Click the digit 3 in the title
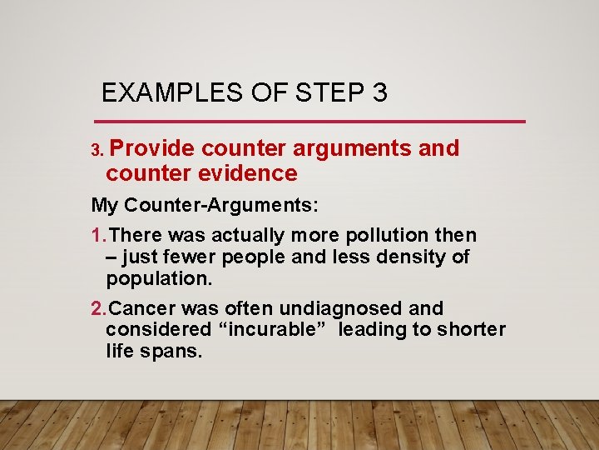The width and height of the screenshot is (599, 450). click(x=380, y=92)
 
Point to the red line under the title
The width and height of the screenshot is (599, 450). click(x=314, y=122)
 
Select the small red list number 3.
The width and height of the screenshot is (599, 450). click(x=97, y=151)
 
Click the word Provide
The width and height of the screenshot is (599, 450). click(x=152, y=148)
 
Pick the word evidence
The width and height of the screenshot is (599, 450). click(x=255, y=173)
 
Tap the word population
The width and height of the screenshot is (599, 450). click(x=146, y=277)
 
